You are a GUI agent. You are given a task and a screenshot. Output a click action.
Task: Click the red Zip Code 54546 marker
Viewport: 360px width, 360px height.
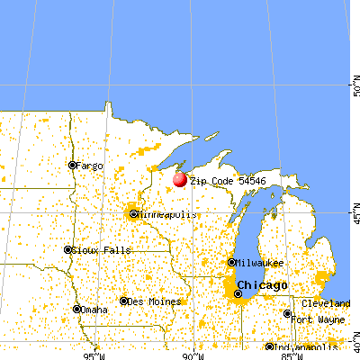[x=180, y=179]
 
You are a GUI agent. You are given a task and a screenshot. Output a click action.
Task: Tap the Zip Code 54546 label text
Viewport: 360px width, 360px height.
[x=221, y=181]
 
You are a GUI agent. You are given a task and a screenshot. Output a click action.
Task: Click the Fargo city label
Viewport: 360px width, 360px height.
[x=91, y=166]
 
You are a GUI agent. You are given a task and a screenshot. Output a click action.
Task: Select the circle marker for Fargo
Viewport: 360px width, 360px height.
[x=74, y=165]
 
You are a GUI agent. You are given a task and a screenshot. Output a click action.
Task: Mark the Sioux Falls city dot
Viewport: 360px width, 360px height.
[x=67, y=249]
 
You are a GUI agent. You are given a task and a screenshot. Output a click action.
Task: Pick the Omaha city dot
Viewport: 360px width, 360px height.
[x=78, y=309]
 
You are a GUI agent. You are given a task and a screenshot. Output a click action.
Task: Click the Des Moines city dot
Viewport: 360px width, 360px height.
[x=124, y=300]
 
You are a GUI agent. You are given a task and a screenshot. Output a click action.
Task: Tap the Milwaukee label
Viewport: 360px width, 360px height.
[x=258, y=263]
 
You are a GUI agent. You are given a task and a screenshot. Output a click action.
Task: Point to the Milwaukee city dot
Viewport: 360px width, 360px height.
[x=232, y=263]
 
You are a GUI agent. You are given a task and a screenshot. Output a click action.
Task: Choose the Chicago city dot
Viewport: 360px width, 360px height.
[x=238, y=292]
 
